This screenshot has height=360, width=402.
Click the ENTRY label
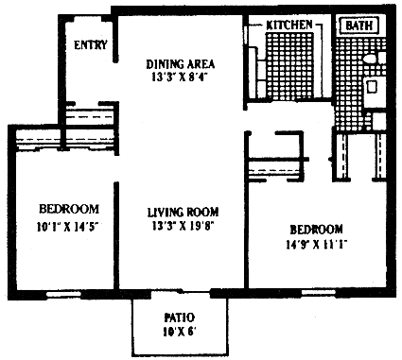pyautogui.click(x=91, y=44)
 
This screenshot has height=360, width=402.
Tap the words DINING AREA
pyautogui.click(x=181, y=64)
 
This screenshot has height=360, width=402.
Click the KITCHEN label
pyautogui.click(x=289, y=25)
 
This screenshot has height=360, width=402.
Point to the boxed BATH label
pyautogui.click(x=359, y=26)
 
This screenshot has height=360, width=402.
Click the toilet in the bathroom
pyautogui.click(x=374, y=59)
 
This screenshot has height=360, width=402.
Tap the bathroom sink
pyautogui.click(x=372, y=87)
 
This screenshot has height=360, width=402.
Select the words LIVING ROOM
pyautogui.click(x=184, y=213)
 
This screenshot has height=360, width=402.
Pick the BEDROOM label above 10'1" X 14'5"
pyautogui.click(x=69, y=209)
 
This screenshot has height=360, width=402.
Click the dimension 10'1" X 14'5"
pyautogui.click(x=68, y=227)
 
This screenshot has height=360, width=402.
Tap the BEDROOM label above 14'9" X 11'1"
pyautogui.click(x=316, y=229)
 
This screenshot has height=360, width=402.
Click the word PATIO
pyautogui.click(x=180, y=317)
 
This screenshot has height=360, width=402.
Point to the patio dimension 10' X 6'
pyautogui.click(x=180, y=332)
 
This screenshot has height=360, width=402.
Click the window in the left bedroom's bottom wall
pyautogui.click(x=64, y=295)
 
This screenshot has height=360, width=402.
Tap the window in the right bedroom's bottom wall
pyautogui.click(x=319, y=293)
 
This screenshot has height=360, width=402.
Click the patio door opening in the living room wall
pyautogui.click(x=180, y=293)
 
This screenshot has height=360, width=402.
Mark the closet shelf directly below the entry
pyautogui.click(x=89, y=115)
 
